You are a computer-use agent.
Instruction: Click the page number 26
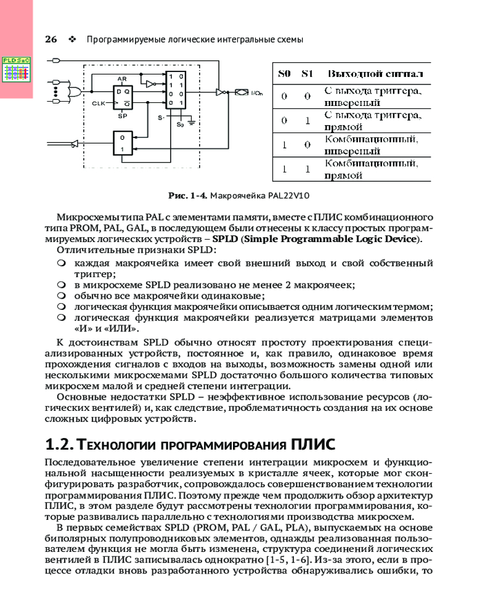tap(51, 39)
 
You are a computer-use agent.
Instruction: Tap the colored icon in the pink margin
tap(17, 70)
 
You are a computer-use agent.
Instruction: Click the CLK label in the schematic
tap(99, 103)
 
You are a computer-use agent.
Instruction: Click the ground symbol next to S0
tap(192, 123)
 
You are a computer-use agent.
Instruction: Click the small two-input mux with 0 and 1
tap(123, 144)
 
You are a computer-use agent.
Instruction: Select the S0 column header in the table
tap(284, 74)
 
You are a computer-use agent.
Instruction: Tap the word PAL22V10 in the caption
tap(288, 196)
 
